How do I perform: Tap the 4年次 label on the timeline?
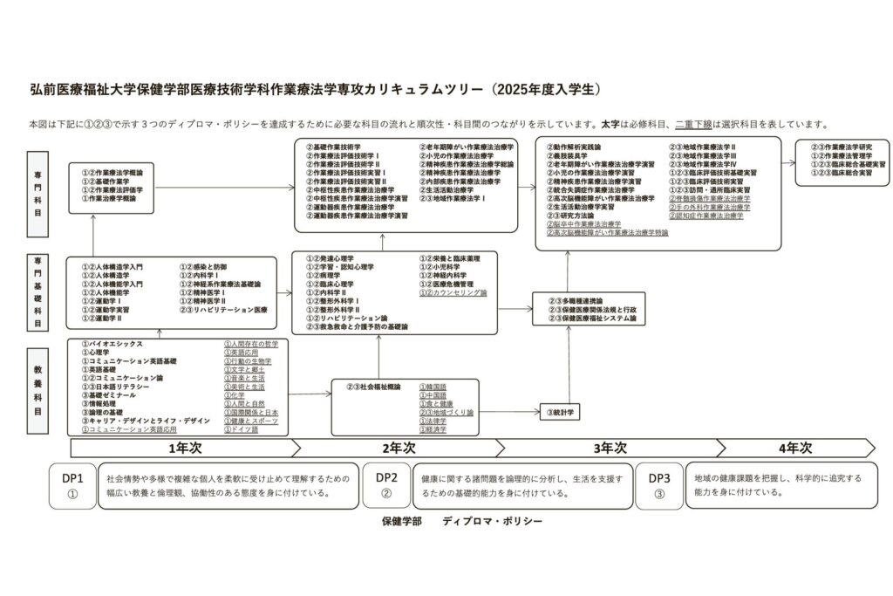(x=794, y=448)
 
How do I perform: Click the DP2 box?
(x=386, y=485)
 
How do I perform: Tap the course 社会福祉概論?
(x=376, y=386)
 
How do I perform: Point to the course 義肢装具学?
(x=576, y=155)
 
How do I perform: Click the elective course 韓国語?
(x=434, y=386)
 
